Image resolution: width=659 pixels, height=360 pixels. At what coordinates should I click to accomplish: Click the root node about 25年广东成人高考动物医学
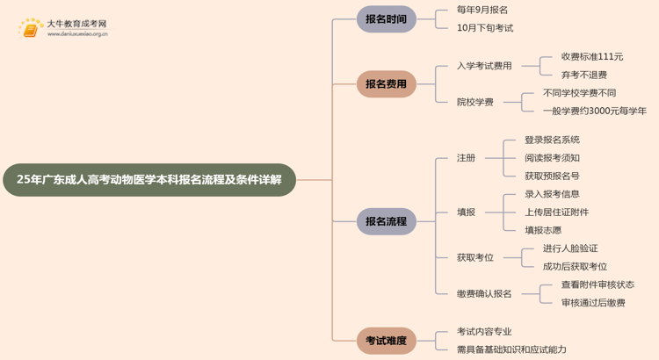149,180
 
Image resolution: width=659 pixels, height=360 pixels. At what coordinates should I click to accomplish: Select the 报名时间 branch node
386,19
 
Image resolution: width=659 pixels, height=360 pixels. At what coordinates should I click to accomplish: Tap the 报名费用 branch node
386,84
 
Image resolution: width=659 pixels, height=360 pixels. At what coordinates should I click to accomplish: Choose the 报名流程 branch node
386,221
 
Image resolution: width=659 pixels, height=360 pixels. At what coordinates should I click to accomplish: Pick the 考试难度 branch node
386,341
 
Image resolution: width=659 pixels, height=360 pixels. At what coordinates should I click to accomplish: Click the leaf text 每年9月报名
482,10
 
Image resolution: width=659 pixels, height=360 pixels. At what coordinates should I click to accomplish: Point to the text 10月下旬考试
484,28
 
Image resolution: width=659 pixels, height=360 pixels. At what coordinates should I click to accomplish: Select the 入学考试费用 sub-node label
483,66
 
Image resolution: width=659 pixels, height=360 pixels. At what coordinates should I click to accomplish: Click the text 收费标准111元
591,57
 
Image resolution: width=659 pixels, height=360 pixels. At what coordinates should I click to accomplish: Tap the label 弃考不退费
583,76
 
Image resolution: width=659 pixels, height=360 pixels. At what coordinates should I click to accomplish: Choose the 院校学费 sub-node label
474,102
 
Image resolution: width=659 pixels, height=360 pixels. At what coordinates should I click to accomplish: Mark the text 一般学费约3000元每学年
594,112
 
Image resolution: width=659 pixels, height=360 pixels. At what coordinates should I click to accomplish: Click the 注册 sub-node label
466,158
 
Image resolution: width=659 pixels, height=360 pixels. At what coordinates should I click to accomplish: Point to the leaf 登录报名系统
552,140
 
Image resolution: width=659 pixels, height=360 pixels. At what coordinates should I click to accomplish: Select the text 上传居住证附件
556,212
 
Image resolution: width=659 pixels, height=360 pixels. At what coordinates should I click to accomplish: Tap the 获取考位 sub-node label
474,257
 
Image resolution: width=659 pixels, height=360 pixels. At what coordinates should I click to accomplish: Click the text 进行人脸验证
569,248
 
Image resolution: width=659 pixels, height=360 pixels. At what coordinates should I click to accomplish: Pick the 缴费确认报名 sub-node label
483,294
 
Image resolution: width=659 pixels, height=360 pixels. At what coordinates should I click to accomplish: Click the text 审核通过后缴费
592,303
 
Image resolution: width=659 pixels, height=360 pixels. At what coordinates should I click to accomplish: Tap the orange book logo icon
31,29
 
